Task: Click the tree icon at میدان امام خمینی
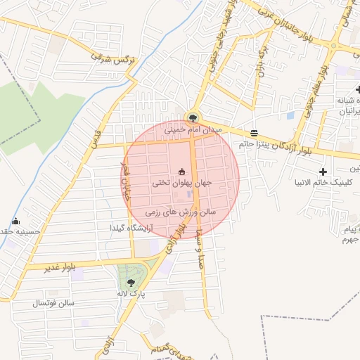(x=192, y=118)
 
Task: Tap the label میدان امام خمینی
(x=193, y=130)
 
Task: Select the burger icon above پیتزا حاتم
(x=253, y=133)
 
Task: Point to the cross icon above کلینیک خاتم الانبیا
(x=323, y=172)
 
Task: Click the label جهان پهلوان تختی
(x=182, y=183)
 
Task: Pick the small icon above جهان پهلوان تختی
(x=182, y=172)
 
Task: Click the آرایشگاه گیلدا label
(x=131, y=228)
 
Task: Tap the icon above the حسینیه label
(x=16, y=221)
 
